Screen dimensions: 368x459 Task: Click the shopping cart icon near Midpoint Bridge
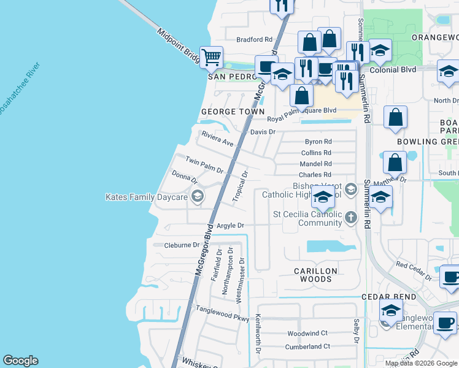(211, 58)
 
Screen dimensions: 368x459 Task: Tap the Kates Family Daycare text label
(146, 197)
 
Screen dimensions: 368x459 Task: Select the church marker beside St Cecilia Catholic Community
(350, 217)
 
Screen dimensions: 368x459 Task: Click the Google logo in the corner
(20, 361)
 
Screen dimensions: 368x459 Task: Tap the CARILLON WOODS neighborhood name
(315, 274)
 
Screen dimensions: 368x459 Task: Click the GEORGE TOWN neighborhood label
(232, 112)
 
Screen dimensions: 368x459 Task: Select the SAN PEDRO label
(230, 77)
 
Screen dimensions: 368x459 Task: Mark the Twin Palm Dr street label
(205, 164)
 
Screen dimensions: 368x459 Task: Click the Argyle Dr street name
(228, 226)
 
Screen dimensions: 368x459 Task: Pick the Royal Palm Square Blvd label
(303, 110)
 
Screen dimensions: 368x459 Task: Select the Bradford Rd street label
(254, 39)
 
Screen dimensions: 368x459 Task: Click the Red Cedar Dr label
(414, 270)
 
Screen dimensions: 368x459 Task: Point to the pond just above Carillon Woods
(330, 247)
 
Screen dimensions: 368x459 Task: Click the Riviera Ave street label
(218, 139)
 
